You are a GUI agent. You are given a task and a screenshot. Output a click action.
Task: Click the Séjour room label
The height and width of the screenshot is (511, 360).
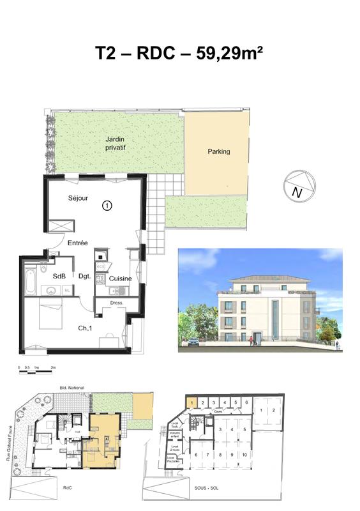click(x=78, y=198)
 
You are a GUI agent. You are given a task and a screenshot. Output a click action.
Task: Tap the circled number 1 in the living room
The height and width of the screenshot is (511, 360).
click(x=107, y=206)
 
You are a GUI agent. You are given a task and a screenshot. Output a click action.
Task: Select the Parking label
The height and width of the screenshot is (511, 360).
click(x=218, y=152)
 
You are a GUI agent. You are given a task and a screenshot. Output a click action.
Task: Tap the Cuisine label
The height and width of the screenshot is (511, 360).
click(x=120, y=279)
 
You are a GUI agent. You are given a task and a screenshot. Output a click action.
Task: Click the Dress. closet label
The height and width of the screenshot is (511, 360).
click(x=116, y=302)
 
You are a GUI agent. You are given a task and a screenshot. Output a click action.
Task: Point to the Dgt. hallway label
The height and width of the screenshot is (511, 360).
click(x=84, y=277)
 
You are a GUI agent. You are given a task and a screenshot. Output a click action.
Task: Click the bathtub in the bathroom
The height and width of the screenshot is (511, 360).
click(x=31, y=279)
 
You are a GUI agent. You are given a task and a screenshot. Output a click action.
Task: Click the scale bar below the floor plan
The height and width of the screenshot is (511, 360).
click(x=37, y=369)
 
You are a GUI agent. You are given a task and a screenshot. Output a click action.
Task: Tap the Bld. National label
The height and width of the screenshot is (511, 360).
click(x=72, y=388)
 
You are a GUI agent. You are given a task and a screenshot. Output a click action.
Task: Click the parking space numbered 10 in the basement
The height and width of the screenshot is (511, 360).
click(x=244, y=454)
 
